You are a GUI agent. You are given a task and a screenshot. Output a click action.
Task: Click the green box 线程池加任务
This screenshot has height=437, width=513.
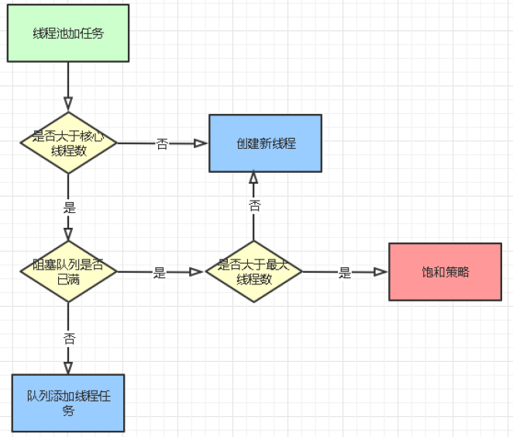(67, 33)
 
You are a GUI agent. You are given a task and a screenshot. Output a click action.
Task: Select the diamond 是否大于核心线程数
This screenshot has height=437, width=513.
(68, 143)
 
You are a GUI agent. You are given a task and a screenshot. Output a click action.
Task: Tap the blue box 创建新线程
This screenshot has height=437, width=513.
(265, 143)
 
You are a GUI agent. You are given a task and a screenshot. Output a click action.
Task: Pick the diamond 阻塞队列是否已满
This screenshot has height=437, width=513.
(68, 272)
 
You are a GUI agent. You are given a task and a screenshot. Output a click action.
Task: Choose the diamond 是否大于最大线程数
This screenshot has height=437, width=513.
(253, 272)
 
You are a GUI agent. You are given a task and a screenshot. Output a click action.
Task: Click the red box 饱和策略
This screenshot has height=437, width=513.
(446, 272)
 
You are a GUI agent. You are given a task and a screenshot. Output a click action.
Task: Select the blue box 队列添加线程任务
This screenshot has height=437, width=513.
(68, 403)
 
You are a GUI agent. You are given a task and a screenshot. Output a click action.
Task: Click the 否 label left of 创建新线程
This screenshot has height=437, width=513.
(162, 143)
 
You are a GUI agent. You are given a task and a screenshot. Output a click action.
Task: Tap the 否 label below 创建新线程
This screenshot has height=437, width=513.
(254, 205)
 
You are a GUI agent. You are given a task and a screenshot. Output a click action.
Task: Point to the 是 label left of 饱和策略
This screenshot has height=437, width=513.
(345, 273)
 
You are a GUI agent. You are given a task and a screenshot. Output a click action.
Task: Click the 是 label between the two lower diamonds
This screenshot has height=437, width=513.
(160, 273)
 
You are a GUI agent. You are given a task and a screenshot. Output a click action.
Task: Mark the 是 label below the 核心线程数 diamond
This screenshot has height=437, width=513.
(69, 208)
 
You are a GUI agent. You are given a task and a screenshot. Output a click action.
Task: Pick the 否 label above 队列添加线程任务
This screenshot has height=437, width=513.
(69, 338)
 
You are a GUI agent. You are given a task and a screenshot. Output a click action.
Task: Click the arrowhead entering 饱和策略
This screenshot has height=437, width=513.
(380, 272)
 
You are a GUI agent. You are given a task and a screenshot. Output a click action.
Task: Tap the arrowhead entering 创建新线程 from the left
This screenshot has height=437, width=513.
(201, 143)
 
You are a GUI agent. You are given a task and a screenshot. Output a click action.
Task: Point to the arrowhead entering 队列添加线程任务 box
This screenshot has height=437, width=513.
(68, 367)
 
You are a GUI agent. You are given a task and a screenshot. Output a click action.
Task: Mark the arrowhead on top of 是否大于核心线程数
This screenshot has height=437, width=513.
(68, 104)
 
